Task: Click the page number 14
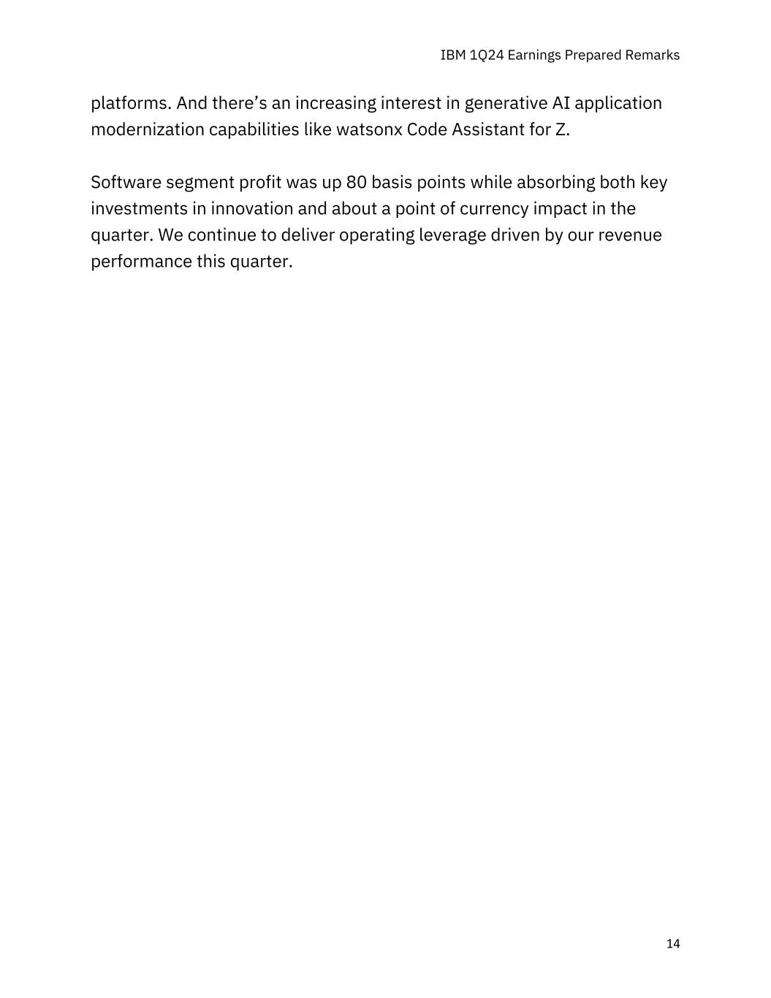pos(673,944)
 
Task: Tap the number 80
pos(356,182)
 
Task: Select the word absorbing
pos(555,182)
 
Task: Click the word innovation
pos(252,208)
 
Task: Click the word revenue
pos(630,235)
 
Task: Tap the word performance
pos(140,262)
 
